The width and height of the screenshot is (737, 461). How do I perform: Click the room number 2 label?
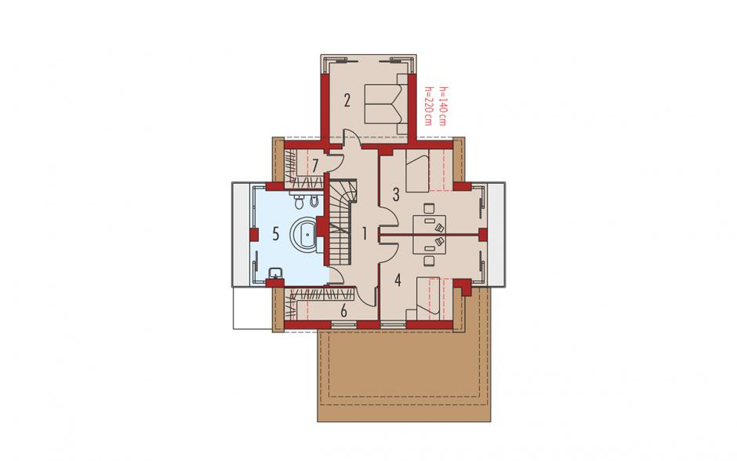tap(347, 101)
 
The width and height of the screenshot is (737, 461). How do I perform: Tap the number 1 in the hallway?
tap(364, 233)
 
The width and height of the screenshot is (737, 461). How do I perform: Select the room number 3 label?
tap(396, 194)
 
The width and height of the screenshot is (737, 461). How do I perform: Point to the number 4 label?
tap(398, 280)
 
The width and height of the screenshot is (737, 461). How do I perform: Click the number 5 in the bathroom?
tap(275, 233)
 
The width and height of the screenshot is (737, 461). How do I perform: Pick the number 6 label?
tap(343, 311)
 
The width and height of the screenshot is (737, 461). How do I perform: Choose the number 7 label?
tap(315, 166)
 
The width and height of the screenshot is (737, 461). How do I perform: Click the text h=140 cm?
tap(442, 107)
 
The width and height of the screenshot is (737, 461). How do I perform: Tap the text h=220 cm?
tap(428, 107)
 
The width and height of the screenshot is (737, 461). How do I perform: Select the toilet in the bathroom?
tap(299, 202)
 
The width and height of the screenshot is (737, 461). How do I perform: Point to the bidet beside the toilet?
tap(314, 201)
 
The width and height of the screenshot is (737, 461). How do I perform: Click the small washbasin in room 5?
tap(275, 273)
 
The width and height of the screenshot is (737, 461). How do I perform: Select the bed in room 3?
tap(418, 174)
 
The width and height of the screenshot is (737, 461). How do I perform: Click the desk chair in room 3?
tap(428, 209)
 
